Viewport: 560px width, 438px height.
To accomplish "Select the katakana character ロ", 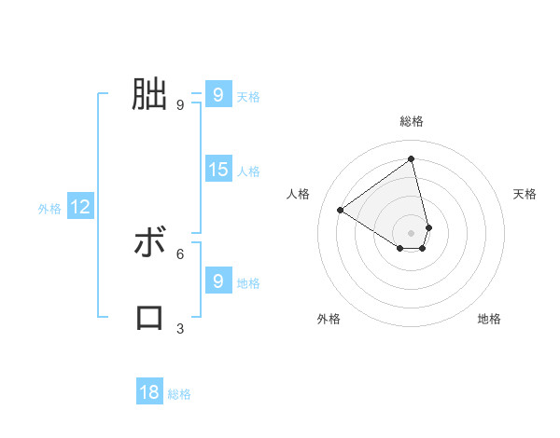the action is click(149, 317).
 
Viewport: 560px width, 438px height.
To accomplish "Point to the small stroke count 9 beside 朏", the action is click(180, 104).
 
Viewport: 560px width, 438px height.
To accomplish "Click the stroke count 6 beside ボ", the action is click(180, 253).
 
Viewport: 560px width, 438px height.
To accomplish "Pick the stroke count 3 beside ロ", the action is click(180, 328).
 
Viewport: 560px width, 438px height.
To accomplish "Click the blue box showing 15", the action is click(218, 170).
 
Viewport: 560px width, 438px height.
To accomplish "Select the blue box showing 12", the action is click(80, 207).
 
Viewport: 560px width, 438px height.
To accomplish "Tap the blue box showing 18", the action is click(149, 392).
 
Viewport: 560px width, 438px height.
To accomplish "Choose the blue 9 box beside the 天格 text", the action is click(218, 94).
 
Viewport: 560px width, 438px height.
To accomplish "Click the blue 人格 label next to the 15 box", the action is click(248, 171).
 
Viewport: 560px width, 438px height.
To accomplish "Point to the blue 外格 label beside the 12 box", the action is click(49, 209).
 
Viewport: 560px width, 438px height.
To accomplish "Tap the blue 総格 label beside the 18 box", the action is click(179, 394).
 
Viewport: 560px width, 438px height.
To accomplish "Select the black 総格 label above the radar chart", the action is click(412, 121).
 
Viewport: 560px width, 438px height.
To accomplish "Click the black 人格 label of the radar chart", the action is click(299, 194).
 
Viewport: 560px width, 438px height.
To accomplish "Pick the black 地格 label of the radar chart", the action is click(489, 319).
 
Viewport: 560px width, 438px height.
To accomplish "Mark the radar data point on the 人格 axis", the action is click(341, 210).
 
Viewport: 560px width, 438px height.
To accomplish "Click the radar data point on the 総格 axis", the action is click(412, 159).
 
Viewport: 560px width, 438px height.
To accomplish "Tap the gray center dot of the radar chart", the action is click(412, 232).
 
